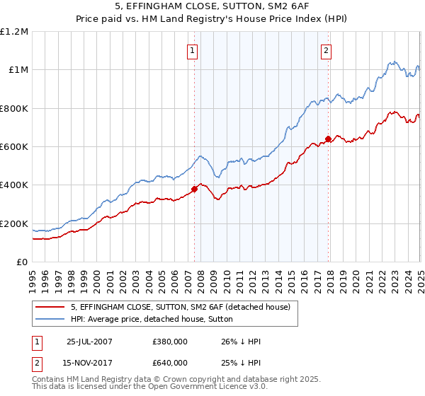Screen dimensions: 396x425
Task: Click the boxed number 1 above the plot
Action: click(x=193, y=50)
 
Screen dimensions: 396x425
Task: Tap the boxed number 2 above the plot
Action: click(x=327, y=50)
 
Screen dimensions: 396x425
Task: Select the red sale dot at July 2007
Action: click(x=194, y=189)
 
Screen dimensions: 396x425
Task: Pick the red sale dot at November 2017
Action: click(x=328, y=139)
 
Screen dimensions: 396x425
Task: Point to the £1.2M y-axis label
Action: click(x=14, y=32)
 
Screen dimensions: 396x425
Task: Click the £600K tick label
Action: click(x=14, y=147)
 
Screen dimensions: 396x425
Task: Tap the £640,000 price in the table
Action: click(x=169, y=363)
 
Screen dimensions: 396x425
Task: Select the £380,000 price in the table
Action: click(x=169, y=342)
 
